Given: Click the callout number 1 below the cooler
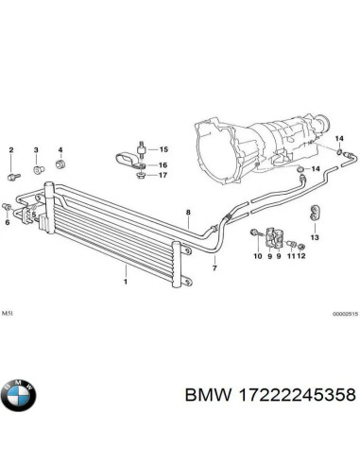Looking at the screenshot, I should pyautogui.click(x=125, y=281).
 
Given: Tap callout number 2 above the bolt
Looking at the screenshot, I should pyautogui.click(x=12, y=151).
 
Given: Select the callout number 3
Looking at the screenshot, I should pyautogui.click(x=37, y=151).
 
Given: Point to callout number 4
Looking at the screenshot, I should pyautogui.click(x=60, y=151).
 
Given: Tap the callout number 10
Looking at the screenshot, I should pyautogui.click(x=256, y=256).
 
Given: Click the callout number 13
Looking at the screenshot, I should pyautogui.click(x=315, y=236).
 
